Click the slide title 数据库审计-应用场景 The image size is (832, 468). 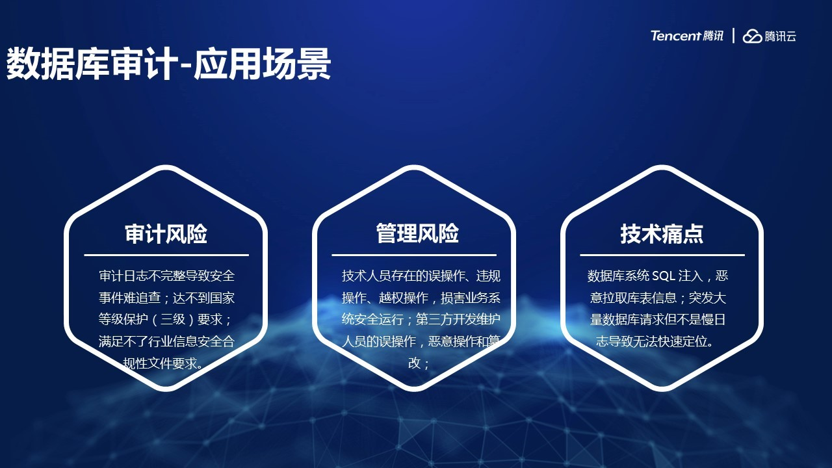(x=168, y=64)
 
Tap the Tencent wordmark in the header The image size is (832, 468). (x=675, y=36)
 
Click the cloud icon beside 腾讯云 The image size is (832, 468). (x=752, y=36)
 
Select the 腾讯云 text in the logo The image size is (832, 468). (x=780, y=36)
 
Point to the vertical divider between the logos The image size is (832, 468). (x=733, y=36)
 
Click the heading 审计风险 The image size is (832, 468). (x=166, y=234)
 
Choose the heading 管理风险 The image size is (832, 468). (x=417, y=233)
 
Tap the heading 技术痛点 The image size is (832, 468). (x=662, y=234)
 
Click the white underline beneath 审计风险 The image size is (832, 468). (x=166, y=255)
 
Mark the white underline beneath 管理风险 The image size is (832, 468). (x=414, y=255)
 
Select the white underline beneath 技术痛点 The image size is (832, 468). (x=662, y=255)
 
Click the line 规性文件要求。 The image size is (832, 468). (x=163, y=363)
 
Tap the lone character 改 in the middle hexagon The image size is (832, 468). (x=414, y=363)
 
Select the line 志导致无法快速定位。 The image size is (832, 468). (x=655, y=341)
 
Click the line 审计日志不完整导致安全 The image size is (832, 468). (x=167, y=276)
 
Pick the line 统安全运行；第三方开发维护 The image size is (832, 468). (x=421, y=319)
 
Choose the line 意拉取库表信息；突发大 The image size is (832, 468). (x=657, y=298)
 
